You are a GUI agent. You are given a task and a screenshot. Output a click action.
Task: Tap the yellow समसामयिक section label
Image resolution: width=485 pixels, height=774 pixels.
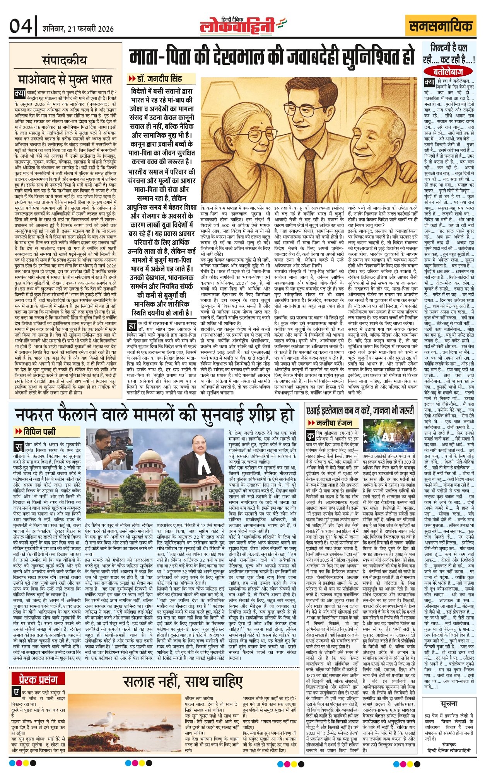point(441,27)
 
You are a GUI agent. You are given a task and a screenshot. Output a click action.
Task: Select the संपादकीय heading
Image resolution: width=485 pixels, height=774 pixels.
point(65,61)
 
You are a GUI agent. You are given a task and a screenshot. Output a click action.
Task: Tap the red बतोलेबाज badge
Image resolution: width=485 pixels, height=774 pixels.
point(448,71)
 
